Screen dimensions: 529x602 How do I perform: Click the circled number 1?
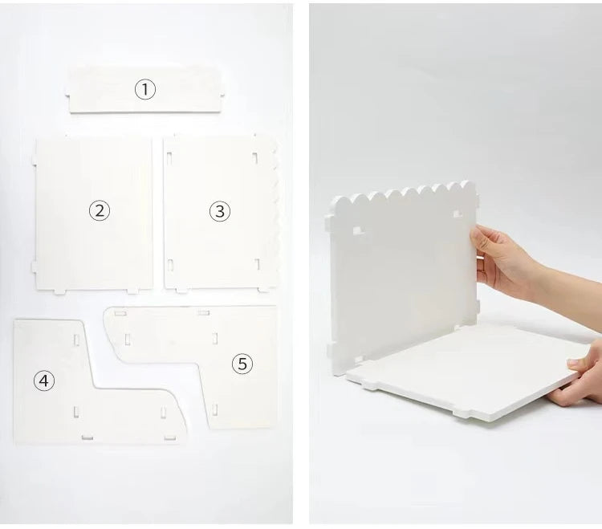pos(144,89)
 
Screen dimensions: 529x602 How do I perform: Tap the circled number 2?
pos(99,211)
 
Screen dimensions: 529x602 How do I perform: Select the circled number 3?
pos(220,211)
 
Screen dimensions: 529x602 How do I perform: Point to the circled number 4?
pos(44,380)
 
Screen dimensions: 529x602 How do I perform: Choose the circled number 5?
pos(242,364)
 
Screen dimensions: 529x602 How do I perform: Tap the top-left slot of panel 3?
pos(169,156)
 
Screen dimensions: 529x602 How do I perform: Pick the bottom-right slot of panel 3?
pos(257,264)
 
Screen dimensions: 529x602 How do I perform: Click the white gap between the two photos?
pos(301,265)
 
